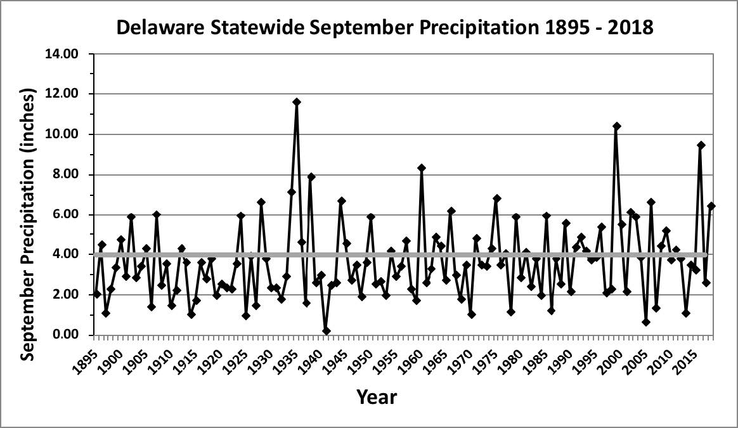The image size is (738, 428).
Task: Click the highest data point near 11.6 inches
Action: [x=296, y=101]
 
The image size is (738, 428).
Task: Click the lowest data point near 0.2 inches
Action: [x=326, y=331]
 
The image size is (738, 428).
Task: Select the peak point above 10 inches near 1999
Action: [x=616, y=126]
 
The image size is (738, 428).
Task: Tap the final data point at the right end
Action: [x=711, y=206]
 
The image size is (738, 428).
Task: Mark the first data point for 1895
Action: [x=97, y=294]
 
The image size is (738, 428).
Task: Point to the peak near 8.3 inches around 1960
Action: [x=421, y=168]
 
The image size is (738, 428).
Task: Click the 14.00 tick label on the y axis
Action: [x=62, y=54]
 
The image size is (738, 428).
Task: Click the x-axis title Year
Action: [x=377, y=398]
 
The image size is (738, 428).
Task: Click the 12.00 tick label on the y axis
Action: [x=62, y=94]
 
